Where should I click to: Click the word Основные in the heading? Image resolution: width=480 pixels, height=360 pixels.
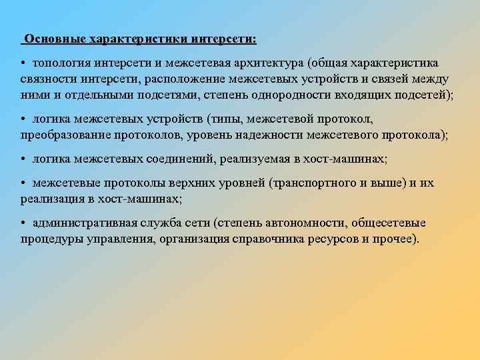[x=51, y=39]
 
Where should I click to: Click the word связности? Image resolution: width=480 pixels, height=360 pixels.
[x=44, y=79]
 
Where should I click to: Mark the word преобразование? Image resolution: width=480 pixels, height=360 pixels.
[x=65, y=135]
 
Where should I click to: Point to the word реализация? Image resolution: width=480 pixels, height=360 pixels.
[x=48, y=199]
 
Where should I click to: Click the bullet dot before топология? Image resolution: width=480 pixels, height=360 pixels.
[x=23, y=63]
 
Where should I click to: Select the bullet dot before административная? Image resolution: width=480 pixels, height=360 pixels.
[x=23, y=223]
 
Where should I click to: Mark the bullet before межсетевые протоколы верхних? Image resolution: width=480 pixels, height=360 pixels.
[x=23, y=183]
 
